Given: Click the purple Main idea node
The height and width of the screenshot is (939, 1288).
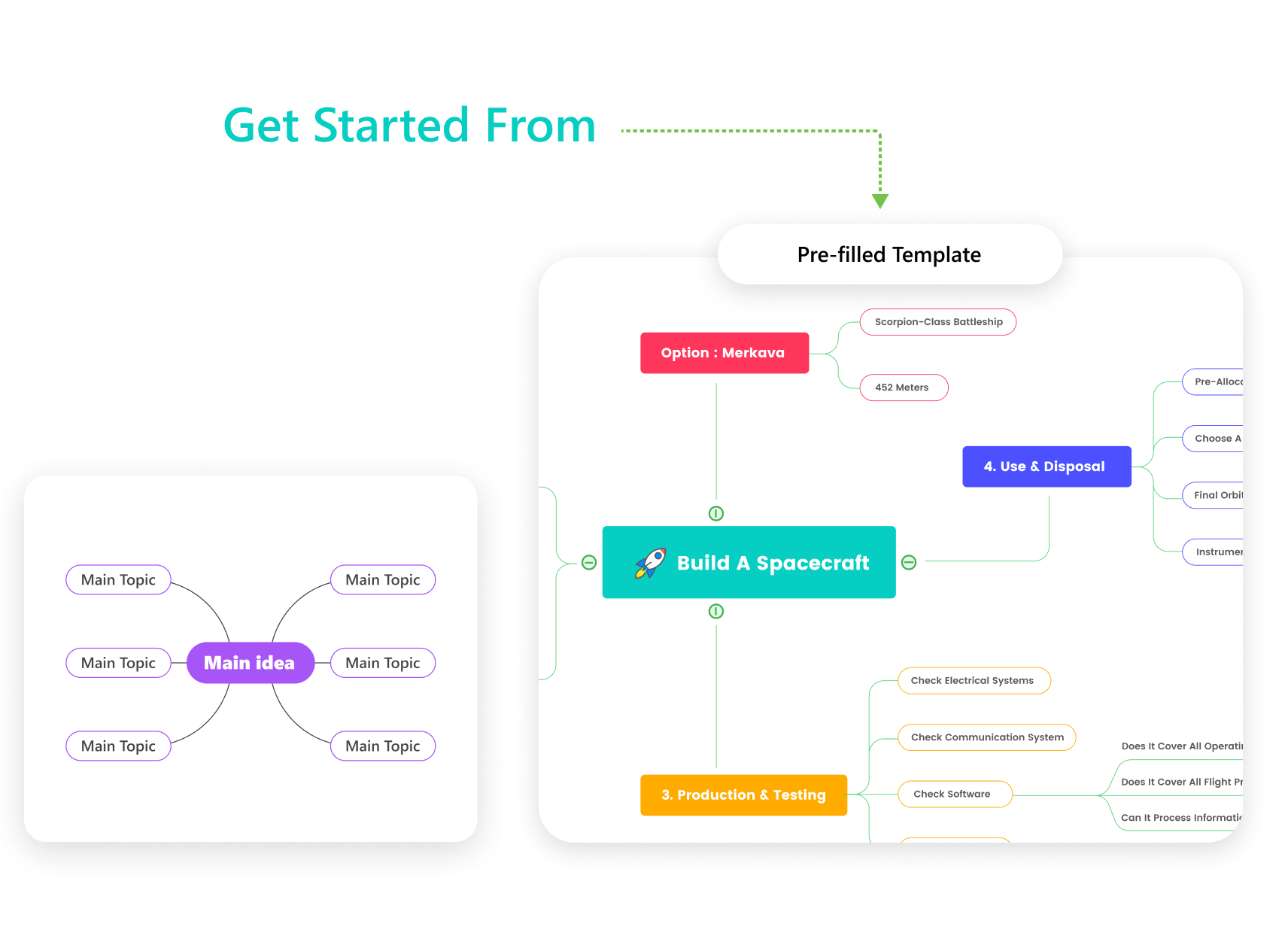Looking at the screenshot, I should pyautogui.click(x=250, y=663).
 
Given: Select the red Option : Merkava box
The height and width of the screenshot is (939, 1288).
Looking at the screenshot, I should pyautogui.click(x=724, y=353).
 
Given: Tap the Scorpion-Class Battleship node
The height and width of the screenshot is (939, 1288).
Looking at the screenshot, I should pyautogui.click(x=937, y=322).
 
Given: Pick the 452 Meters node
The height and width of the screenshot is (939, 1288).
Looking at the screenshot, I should pyautogui.click(x=903, y=387).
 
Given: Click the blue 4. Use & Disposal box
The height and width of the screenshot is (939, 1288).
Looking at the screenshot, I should pyautogui.click(x=1046, y=466).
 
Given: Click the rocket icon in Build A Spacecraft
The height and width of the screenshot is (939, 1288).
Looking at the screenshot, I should pyautogui.click(x=651, y=563).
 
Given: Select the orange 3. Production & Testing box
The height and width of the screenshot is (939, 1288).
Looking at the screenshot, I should pyautogui.click(x=743, y=795).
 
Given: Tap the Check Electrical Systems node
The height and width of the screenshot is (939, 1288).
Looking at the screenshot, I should pyautogui.click(x=974, y=681).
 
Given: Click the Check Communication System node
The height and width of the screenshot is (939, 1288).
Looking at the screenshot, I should pyautogui.click(x=986, y=737).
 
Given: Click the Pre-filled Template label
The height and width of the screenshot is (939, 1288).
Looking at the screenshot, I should pyautogui.click(x=889, y=254).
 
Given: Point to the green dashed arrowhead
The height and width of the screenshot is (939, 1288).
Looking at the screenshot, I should pyautogui.click(x=880, y=201).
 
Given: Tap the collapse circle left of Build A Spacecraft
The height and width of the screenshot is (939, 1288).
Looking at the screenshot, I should pyautogui.click(x=589, y=563).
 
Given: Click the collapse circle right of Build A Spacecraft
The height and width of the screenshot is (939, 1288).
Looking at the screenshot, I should pyautogui.click(x=909, y=563).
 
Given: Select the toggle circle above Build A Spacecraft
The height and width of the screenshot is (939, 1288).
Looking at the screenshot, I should pyautogui.click(x=716, y=514).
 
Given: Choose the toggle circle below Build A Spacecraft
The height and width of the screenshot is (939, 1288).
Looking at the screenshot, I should pyautogui.click(x=716, y=612).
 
